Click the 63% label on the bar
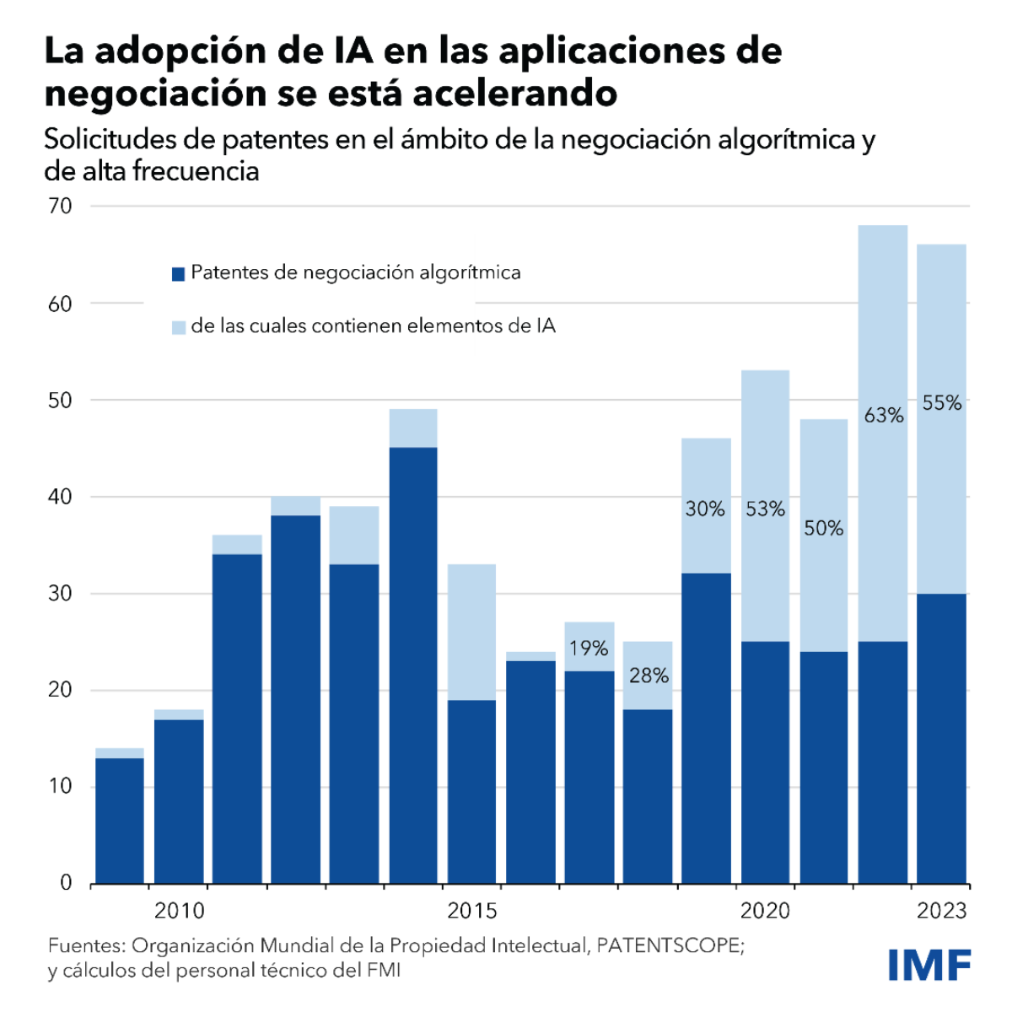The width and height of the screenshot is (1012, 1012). [x=883, y=415]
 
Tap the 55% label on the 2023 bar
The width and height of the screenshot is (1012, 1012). [x=941, y=403]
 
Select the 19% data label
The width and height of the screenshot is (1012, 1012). [x=589, y=648]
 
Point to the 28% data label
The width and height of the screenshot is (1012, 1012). [x=649, y=676]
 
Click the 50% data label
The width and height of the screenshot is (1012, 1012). [x=823, y=528]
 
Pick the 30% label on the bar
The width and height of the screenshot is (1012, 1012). [x=705, y=509]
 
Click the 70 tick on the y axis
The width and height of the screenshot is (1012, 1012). [x=61, y=206]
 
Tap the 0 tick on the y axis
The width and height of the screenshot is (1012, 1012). [x=67, y=883]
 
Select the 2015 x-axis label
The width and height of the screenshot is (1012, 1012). [x=472, y=911]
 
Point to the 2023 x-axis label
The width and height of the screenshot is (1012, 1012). [x=942, y=911]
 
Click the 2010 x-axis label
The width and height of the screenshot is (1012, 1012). [x=179, y=911]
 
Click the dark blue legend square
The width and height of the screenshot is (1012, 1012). [x=178, y=274]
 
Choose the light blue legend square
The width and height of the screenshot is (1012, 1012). [x=178, y=327]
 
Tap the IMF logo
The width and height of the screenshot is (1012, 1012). [x=929, y=964]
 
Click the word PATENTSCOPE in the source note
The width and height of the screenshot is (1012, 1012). [x=669, y=945]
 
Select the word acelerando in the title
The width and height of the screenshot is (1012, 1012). [x=514, y=92]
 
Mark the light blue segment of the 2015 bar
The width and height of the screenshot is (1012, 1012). [x=471, y=632]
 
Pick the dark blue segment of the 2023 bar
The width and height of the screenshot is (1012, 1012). [x=941, y=738]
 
